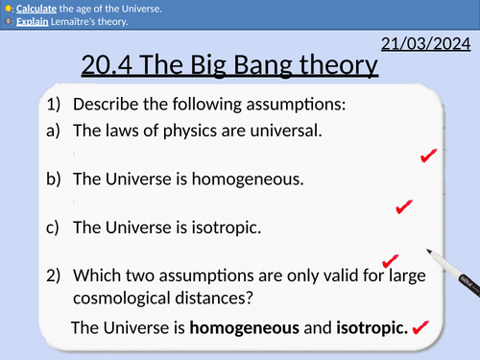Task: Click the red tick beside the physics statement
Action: click(429, 156)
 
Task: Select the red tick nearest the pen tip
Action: click(389, 259)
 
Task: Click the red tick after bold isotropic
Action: click(420, 328)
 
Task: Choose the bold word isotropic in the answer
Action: click(369, 327)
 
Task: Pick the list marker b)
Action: click(51, 179)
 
